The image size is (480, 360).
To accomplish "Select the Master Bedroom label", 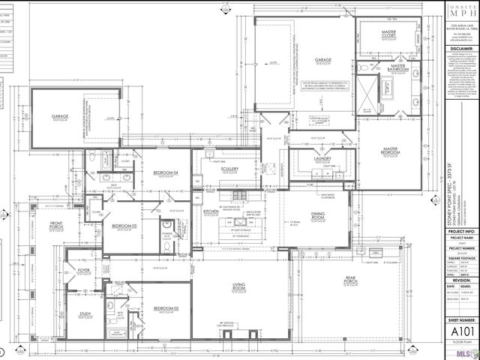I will click(x=389, y=150).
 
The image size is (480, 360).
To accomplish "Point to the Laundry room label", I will click(x=322, y=158).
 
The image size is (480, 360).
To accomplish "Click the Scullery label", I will click(x=229, y=169).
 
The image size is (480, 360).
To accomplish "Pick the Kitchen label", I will click(x=211, y=212).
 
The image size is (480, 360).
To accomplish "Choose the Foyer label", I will click(x=84, y=271).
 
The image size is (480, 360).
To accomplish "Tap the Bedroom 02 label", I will click(x=165, y=308).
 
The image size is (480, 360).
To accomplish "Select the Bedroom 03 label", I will click(x=124, y=226).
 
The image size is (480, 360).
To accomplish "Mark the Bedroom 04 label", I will click(x=165, y=173).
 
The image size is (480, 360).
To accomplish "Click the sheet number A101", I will click(x=455, y=331).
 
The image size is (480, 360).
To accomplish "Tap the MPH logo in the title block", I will click(x=455, y=13).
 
